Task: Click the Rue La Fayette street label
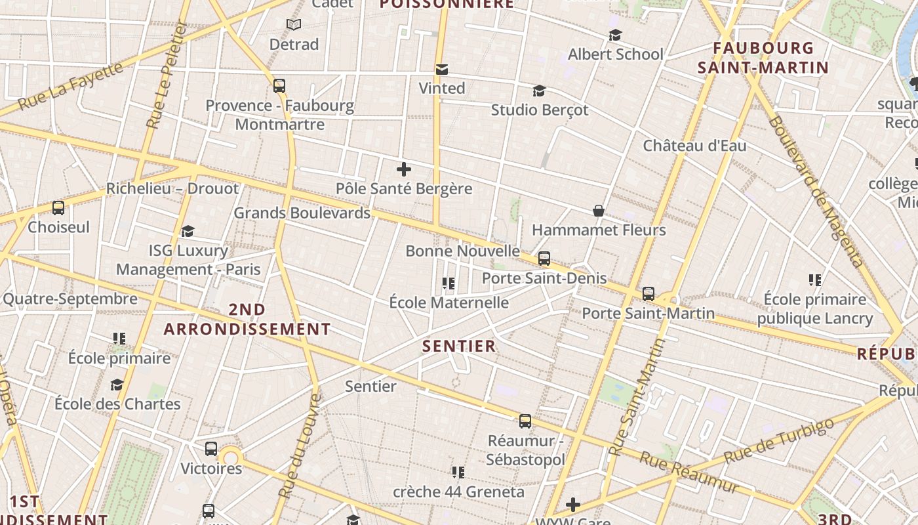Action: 70,86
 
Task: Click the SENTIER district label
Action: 459,346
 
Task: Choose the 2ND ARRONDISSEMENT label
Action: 247,319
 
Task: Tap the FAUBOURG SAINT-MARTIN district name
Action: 763,58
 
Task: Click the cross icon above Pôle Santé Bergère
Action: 404,169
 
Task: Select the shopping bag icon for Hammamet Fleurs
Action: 599,211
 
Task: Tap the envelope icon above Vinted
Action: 442,69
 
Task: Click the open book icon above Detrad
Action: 294,25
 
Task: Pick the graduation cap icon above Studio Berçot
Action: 539,91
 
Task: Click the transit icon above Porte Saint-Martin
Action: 649,293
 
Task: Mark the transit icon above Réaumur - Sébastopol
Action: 525,421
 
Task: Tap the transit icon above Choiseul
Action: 58,208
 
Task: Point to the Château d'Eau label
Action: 694,146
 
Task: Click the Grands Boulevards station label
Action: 302,213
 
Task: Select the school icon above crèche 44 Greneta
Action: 458,472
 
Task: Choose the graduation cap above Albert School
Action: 615,35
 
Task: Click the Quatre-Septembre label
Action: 70,299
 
